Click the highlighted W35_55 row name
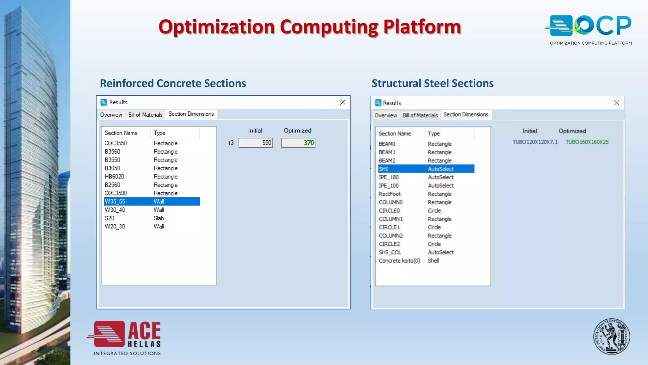pyautogui.click(x=115, y=202)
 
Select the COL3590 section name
pyautogui.click(x=116, y=193)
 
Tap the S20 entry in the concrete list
pyautogui.click(x=109, y=218)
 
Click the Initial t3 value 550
pyautogui.click(x=256, y=143)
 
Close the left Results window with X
pyautogui.click(x=343, y=102)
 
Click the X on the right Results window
pyautogui.click(x=616, y=103)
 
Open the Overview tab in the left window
pyautogui.click(x=111, y=115)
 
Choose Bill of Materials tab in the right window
pyautogui.click(x=420, y=115)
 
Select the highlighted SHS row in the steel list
pyautogui.click(x=383, y=169)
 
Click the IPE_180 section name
pyautogui.click(x=389, y=177)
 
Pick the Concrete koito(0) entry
pyautogui.click(x=399, y=261)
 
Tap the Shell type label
pyautogui.click(x=433, y=261)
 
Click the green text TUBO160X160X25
pyautogui.click(x=587, y=142)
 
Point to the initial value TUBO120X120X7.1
pyautogui.click(x=535, y=142)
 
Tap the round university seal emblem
pyautogui.click(x=611, y=336)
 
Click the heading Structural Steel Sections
pyautogui.click(x=433, y=83)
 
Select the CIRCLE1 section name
pyautogui.click(x=389, y=227)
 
